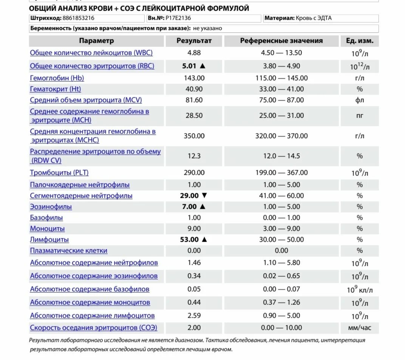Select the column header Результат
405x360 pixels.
point(194,41)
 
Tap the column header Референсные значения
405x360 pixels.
point(281,41)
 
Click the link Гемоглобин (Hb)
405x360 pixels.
point(57,78)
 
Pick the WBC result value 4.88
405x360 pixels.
point(194,53)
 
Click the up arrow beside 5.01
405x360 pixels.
point(202,66)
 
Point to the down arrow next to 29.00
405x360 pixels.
point(204,196)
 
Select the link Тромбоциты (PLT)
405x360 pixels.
point(59,172)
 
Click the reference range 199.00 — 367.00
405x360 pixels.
point(281,172)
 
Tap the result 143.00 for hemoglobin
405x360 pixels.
point(194,78)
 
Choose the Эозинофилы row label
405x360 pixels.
point(51,207)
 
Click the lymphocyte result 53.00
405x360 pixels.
point(189,239)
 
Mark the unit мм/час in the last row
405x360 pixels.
point(359,327)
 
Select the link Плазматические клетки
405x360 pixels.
point(69,250)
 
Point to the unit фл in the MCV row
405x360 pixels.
point(359,100)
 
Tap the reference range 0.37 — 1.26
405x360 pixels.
point(281,302)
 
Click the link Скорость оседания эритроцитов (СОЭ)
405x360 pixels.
point(94,327)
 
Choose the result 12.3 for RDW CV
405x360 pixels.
point(194,156)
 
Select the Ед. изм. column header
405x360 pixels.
point(359,41)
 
